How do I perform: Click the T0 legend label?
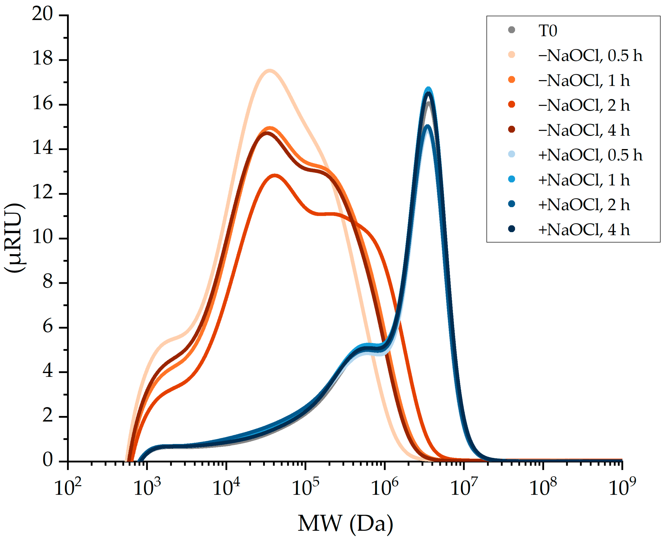(x=548, y=31)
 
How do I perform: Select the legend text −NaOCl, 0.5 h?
(x=590, y=56)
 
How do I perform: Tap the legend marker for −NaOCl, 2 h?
(x=512, y=105)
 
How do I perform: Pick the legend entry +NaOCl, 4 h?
(x=584, y=229)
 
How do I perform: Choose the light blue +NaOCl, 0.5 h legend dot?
(x=512, y=154)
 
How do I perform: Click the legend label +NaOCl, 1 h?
(x=584, y=180)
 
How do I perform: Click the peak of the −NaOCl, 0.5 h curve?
(x=269, y=71)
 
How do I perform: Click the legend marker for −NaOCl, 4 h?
(x=512, y=129)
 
